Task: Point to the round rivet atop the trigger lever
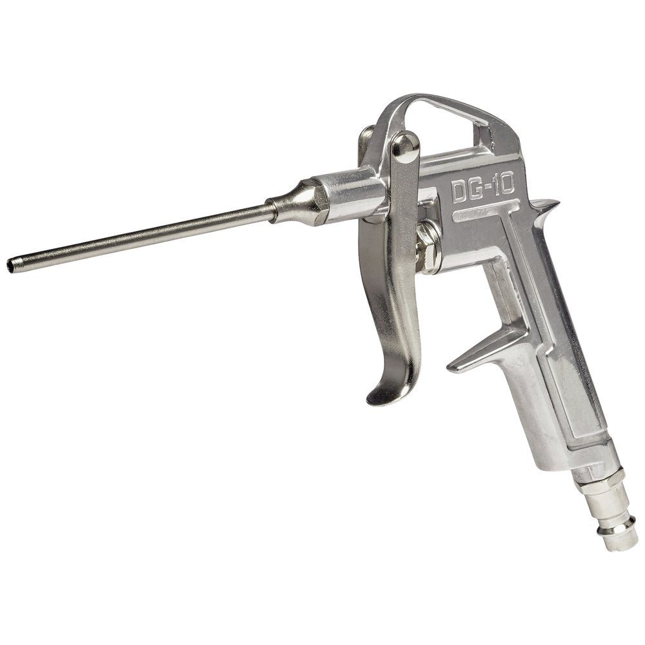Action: click(x=405, y=144)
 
